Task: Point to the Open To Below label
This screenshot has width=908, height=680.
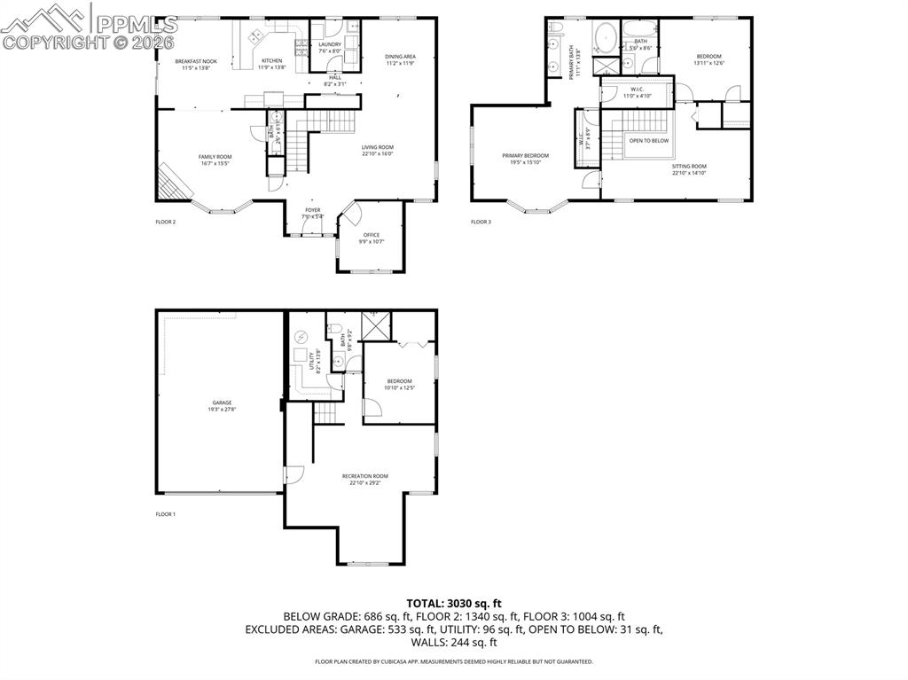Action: [649, 140]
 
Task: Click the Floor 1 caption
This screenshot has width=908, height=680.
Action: [166, 514]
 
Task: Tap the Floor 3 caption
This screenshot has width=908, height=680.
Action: [481, 222]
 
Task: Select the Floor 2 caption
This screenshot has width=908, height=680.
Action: [166, 222]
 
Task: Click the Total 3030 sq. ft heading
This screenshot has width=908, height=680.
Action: [453, 603]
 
